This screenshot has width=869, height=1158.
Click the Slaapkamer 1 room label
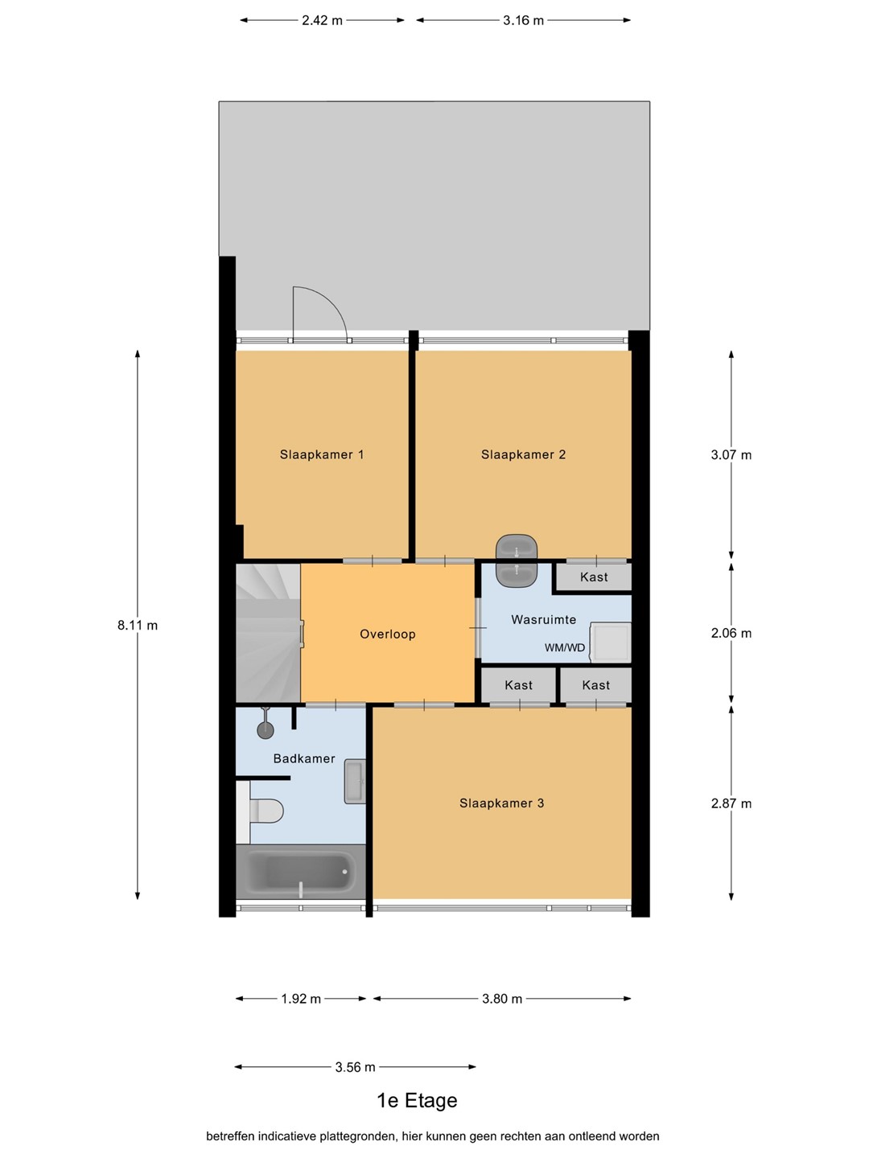pos(321,455)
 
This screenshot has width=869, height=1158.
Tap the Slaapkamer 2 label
pos(523,455)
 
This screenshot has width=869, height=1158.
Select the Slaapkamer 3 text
pos(501,803)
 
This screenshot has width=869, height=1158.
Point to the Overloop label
pos(387,634)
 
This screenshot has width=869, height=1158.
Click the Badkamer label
pos(304,758)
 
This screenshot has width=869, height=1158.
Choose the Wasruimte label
pos(543,619)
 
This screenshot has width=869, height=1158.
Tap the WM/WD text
pos(565,647)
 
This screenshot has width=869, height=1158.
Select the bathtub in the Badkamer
pos(301,871)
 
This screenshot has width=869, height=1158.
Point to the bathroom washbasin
pos(355,782)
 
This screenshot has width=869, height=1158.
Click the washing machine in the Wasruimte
pos(611,642)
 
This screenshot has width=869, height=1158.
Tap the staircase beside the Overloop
pos(268,633)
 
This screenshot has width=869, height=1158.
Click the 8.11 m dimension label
pos(137,626)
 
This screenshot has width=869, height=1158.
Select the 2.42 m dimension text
pos(322,21)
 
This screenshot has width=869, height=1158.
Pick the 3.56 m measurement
pos(355,1067)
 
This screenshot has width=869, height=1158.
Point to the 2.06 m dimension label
pos(731,633)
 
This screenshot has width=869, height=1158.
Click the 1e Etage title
pos(417,1100)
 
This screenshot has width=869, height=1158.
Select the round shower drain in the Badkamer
pos(266,730)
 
